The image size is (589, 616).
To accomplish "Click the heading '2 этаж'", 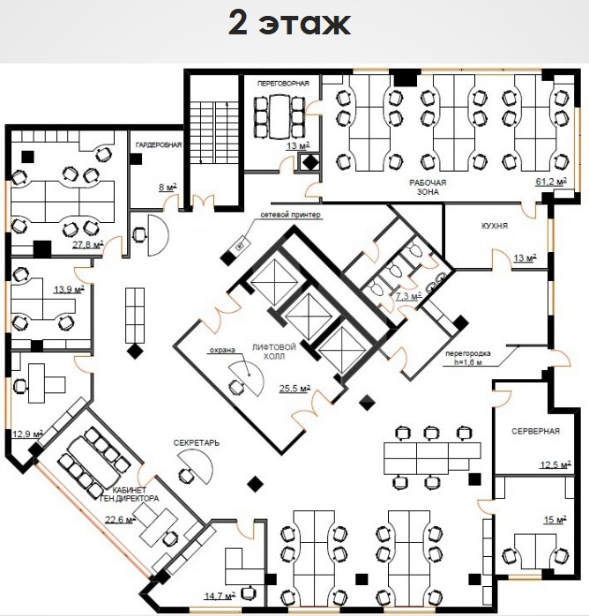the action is [x=289, y=24].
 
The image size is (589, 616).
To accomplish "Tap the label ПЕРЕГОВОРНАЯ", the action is [x=283, y=84].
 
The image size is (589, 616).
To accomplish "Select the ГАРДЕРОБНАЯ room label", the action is [x=159, y=145].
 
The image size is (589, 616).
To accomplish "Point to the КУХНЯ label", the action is [x=495, y=226].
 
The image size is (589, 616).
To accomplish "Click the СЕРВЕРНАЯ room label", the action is [x=535, y=431].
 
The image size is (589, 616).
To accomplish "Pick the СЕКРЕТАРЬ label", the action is [x=197, y=443].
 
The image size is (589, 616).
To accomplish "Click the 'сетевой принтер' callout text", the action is [x=291, y=215].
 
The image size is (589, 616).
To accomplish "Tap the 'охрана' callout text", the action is [x=222, y=350].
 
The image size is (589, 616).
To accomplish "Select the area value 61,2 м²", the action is [x=551, y=182].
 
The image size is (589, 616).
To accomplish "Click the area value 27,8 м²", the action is [x=87, y=244].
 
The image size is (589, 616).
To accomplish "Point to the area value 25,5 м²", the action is [x=294, y=389].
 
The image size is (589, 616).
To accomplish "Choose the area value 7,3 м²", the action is [x=408, y=296].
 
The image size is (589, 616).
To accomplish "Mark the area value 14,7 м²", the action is [x=220, y=596].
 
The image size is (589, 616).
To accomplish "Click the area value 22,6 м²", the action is [x=120, y=519].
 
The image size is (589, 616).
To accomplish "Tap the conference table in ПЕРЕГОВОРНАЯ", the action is [x=280, y=116].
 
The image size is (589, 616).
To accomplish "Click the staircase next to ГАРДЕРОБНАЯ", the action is [x=214, y=133].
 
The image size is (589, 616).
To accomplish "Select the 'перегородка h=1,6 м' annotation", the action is [x=468, y=358].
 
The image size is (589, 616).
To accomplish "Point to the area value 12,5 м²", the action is [x=555, y=464].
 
